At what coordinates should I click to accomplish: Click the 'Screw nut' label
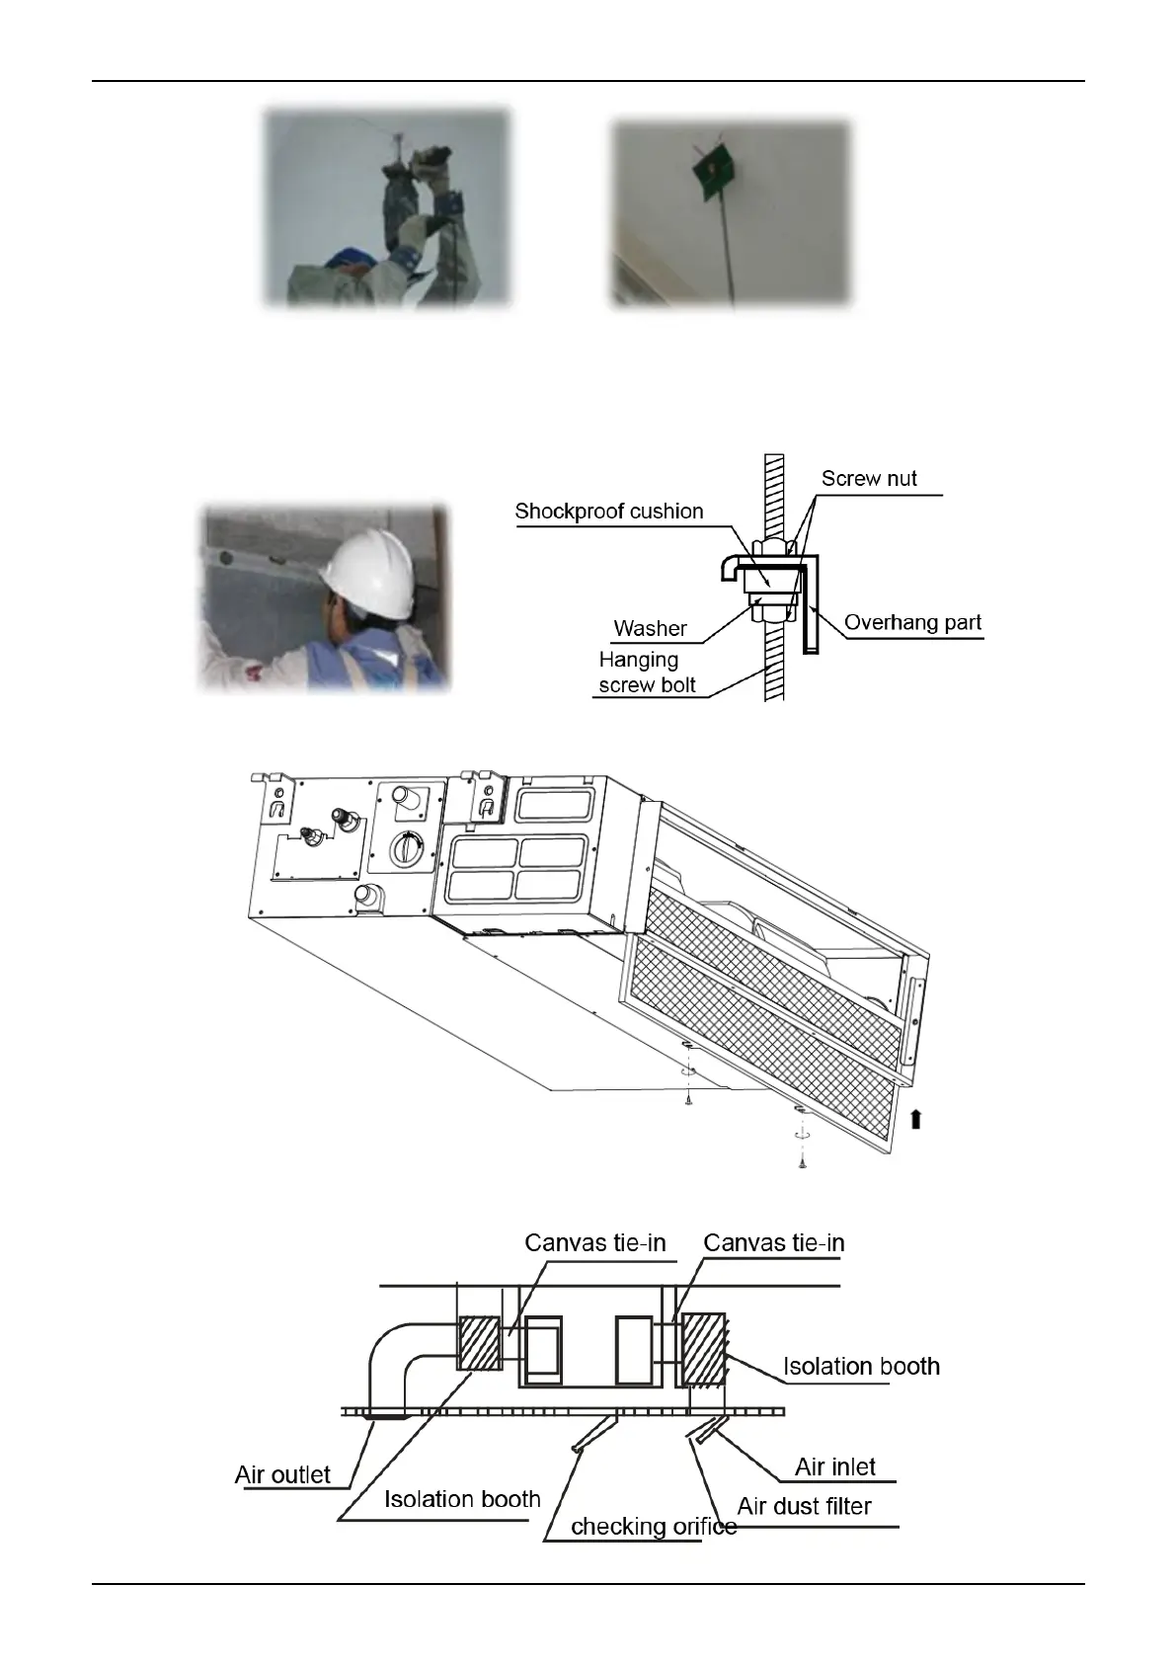point(869,479)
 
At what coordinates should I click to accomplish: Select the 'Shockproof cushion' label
point(609,512)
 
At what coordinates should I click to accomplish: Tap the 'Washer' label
point(650,628)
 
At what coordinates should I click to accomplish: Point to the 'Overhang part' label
point(912,623)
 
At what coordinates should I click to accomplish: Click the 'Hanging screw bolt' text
point(646,673)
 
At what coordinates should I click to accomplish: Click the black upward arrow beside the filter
point(916,1118)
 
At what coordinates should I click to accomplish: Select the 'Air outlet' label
point(282,1474)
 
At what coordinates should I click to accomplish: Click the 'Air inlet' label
point(835,1466)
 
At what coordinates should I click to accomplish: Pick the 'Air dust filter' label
point(804,1506)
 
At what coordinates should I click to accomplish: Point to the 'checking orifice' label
point(654,1527)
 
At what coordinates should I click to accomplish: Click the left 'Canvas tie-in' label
point(595,1242)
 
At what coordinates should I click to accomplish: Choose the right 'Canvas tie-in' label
point(774,1242)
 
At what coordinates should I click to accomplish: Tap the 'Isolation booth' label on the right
point(861,1366)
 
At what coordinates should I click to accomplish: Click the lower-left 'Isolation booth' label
point(462,1499)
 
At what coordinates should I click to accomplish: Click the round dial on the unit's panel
point(406,848)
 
